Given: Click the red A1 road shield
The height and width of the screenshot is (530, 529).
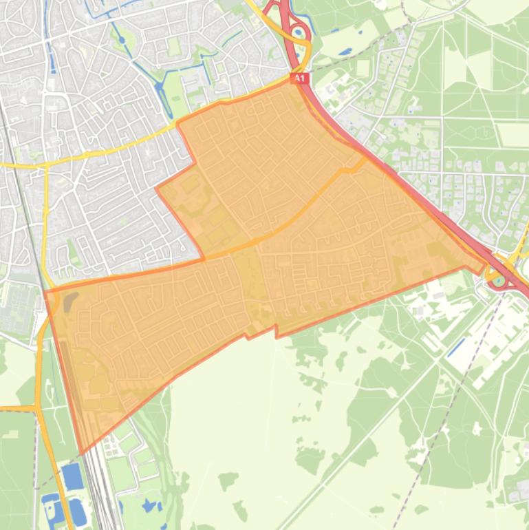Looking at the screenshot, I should point(299,79).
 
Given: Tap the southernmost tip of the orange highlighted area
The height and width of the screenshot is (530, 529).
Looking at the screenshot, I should point(83,453).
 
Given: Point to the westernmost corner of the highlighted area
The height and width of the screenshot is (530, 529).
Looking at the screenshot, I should point(45,292).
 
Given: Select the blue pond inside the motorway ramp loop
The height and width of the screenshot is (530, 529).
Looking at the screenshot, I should point(299,30).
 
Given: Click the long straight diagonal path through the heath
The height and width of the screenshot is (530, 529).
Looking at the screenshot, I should point(358,441).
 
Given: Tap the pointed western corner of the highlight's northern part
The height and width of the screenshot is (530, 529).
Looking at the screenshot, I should point(158,187).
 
